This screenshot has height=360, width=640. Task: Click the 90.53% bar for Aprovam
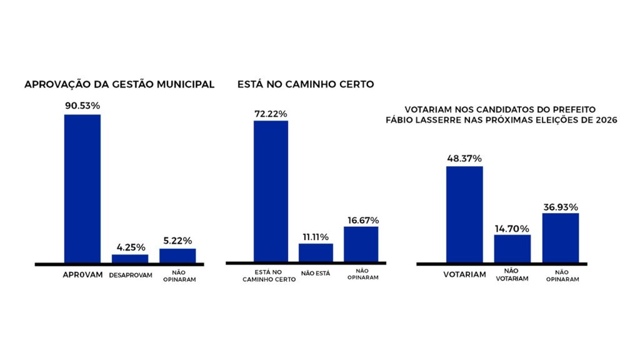coord(82,189)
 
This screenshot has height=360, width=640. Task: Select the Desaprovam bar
coord(130,259)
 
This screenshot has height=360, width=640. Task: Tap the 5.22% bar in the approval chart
coord(177,256)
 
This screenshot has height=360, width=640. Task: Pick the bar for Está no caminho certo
coord(271,191)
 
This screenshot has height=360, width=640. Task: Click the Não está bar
coord(316,253)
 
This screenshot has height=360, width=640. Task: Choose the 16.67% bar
coord(361,244)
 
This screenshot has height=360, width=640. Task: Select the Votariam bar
coord(464,215)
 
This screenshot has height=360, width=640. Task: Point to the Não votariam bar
coord(512,249)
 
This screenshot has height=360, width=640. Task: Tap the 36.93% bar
coord(561,238)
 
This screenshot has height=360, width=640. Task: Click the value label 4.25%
coord(131,247)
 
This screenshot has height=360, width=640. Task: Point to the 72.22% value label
coord(271,114)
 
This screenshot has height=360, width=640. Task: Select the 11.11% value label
coord(316,237)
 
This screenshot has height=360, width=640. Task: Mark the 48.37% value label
coord(464,158)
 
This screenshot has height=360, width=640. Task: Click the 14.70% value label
coord(512,229)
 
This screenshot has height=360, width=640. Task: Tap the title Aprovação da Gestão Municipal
coord(119,84)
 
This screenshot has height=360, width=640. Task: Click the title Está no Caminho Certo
coord(306,84)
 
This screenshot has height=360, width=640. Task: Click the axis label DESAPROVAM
coord(131,276)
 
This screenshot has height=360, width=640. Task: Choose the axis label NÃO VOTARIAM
coord(512,275)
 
